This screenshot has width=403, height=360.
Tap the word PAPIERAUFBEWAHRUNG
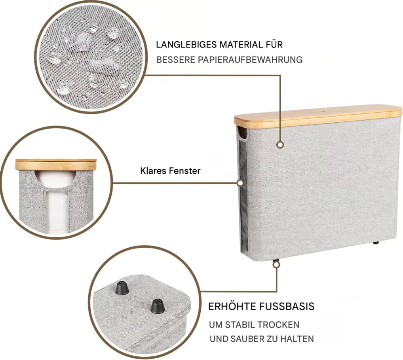[x=250, y=60]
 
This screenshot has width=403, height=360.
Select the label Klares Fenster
[x=170, y=171]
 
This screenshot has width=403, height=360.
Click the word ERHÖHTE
[x=232, y=306]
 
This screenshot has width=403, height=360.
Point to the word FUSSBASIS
[x=287, y=306]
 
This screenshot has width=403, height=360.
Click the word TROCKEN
[x=278, y=325]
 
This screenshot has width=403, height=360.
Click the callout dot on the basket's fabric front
[x=280, y=145]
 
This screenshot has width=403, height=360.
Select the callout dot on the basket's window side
[x=240, y=183]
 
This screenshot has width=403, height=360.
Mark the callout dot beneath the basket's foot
[x=276, y=265]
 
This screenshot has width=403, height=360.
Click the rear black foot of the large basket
[x=376, y=242]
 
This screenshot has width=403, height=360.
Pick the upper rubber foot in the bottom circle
[x=122, y=288]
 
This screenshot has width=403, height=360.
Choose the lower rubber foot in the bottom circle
[x=157, y=306]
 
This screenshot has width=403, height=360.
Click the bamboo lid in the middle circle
[x=56, y=164]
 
